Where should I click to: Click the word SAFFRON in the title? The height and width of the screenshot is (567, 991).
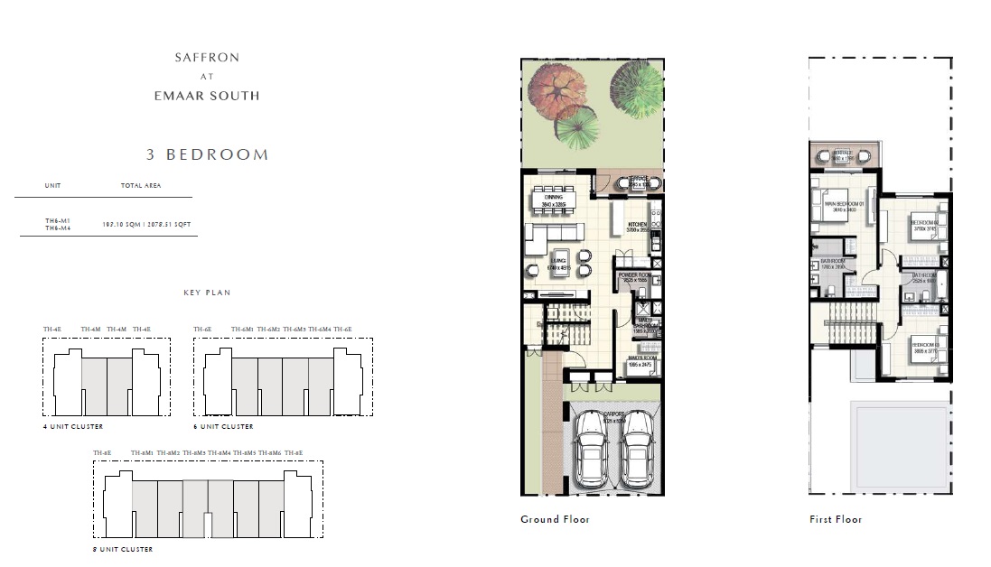tap(207, 58)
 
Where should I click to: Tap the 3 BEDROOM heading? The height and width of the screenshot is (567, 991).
tap(207, 154)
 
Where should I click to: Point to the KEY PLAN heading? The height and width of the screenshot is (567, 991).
tap(207, 293)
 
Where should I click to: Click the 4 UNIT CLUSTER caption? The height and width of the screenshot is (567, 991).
tap(73, 426)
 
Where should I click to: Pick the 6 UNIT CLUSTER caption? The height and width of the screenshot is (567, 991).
tap(224, 426)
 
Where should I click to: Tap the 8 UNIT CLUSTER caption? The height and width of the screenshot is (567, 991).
tap(123, 549)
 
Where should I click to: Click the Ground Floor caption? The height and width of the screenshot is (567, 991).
tap(555, 519)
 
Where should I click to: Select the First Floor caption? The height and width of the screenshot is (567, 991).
tap(836, 519)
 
